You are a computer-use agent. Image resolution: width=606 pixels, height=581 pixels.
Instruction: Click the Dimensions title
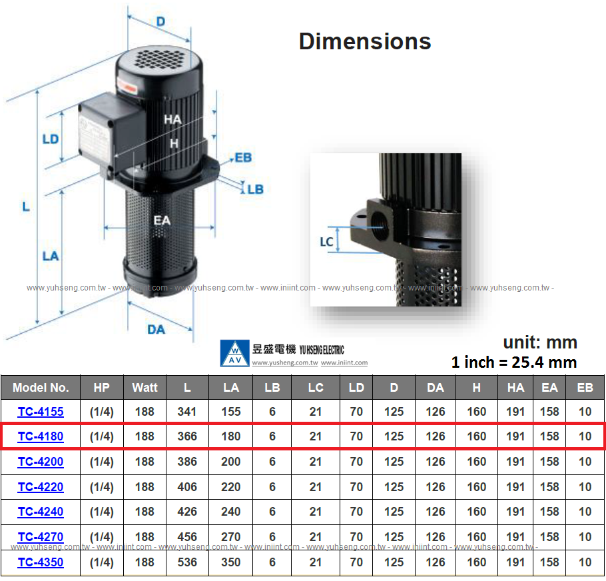coord(365,41)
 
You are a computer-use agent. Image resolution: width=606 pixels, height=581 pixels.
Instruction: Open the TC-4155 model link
coord(41,412)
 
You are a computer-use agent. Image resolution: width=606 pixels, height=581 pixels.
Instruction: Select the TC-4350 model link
coord(41,562)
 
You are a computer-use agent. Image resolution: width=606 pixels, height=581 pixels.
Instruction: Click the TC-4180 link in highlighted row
coord(41,437)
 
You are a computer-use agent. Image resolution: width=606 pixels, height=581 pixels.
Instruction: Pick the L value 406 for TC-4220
coord(187,487)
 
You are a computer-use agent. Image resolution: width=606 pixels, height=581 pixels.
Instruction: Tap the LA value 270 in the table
coord(231,537)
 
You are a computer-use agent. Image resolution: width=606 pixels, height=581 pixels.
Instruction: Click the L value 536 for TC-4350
coord(187,562)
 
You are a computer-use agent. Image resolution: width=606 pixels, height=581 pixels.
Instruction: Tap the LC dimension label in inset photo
coord(326,242)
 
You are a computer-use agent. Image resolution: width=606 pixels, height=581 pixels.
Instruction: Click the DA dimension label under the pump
coord(156,329)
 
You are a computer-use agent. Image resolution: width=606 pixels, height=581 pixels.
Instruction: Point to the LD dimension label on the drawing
coord(51,139)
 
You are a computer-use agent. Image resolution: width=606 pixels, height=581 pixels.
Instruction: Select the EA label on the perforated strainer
coord(162,221)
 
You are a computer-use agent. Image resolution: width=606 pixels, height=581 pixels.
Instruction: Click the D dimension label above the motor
coord(160,21)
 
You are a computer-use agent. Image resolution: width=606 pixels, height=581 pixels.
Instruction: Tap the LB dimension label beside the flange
coord(255,190)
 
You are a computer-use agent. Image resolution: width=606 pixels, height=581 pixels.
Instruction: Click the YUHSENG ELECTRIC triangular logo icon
coord(234,352)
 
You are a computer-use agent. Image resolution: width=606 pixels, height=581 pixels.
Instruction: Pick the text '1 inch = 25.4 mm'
coord(513,362)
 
